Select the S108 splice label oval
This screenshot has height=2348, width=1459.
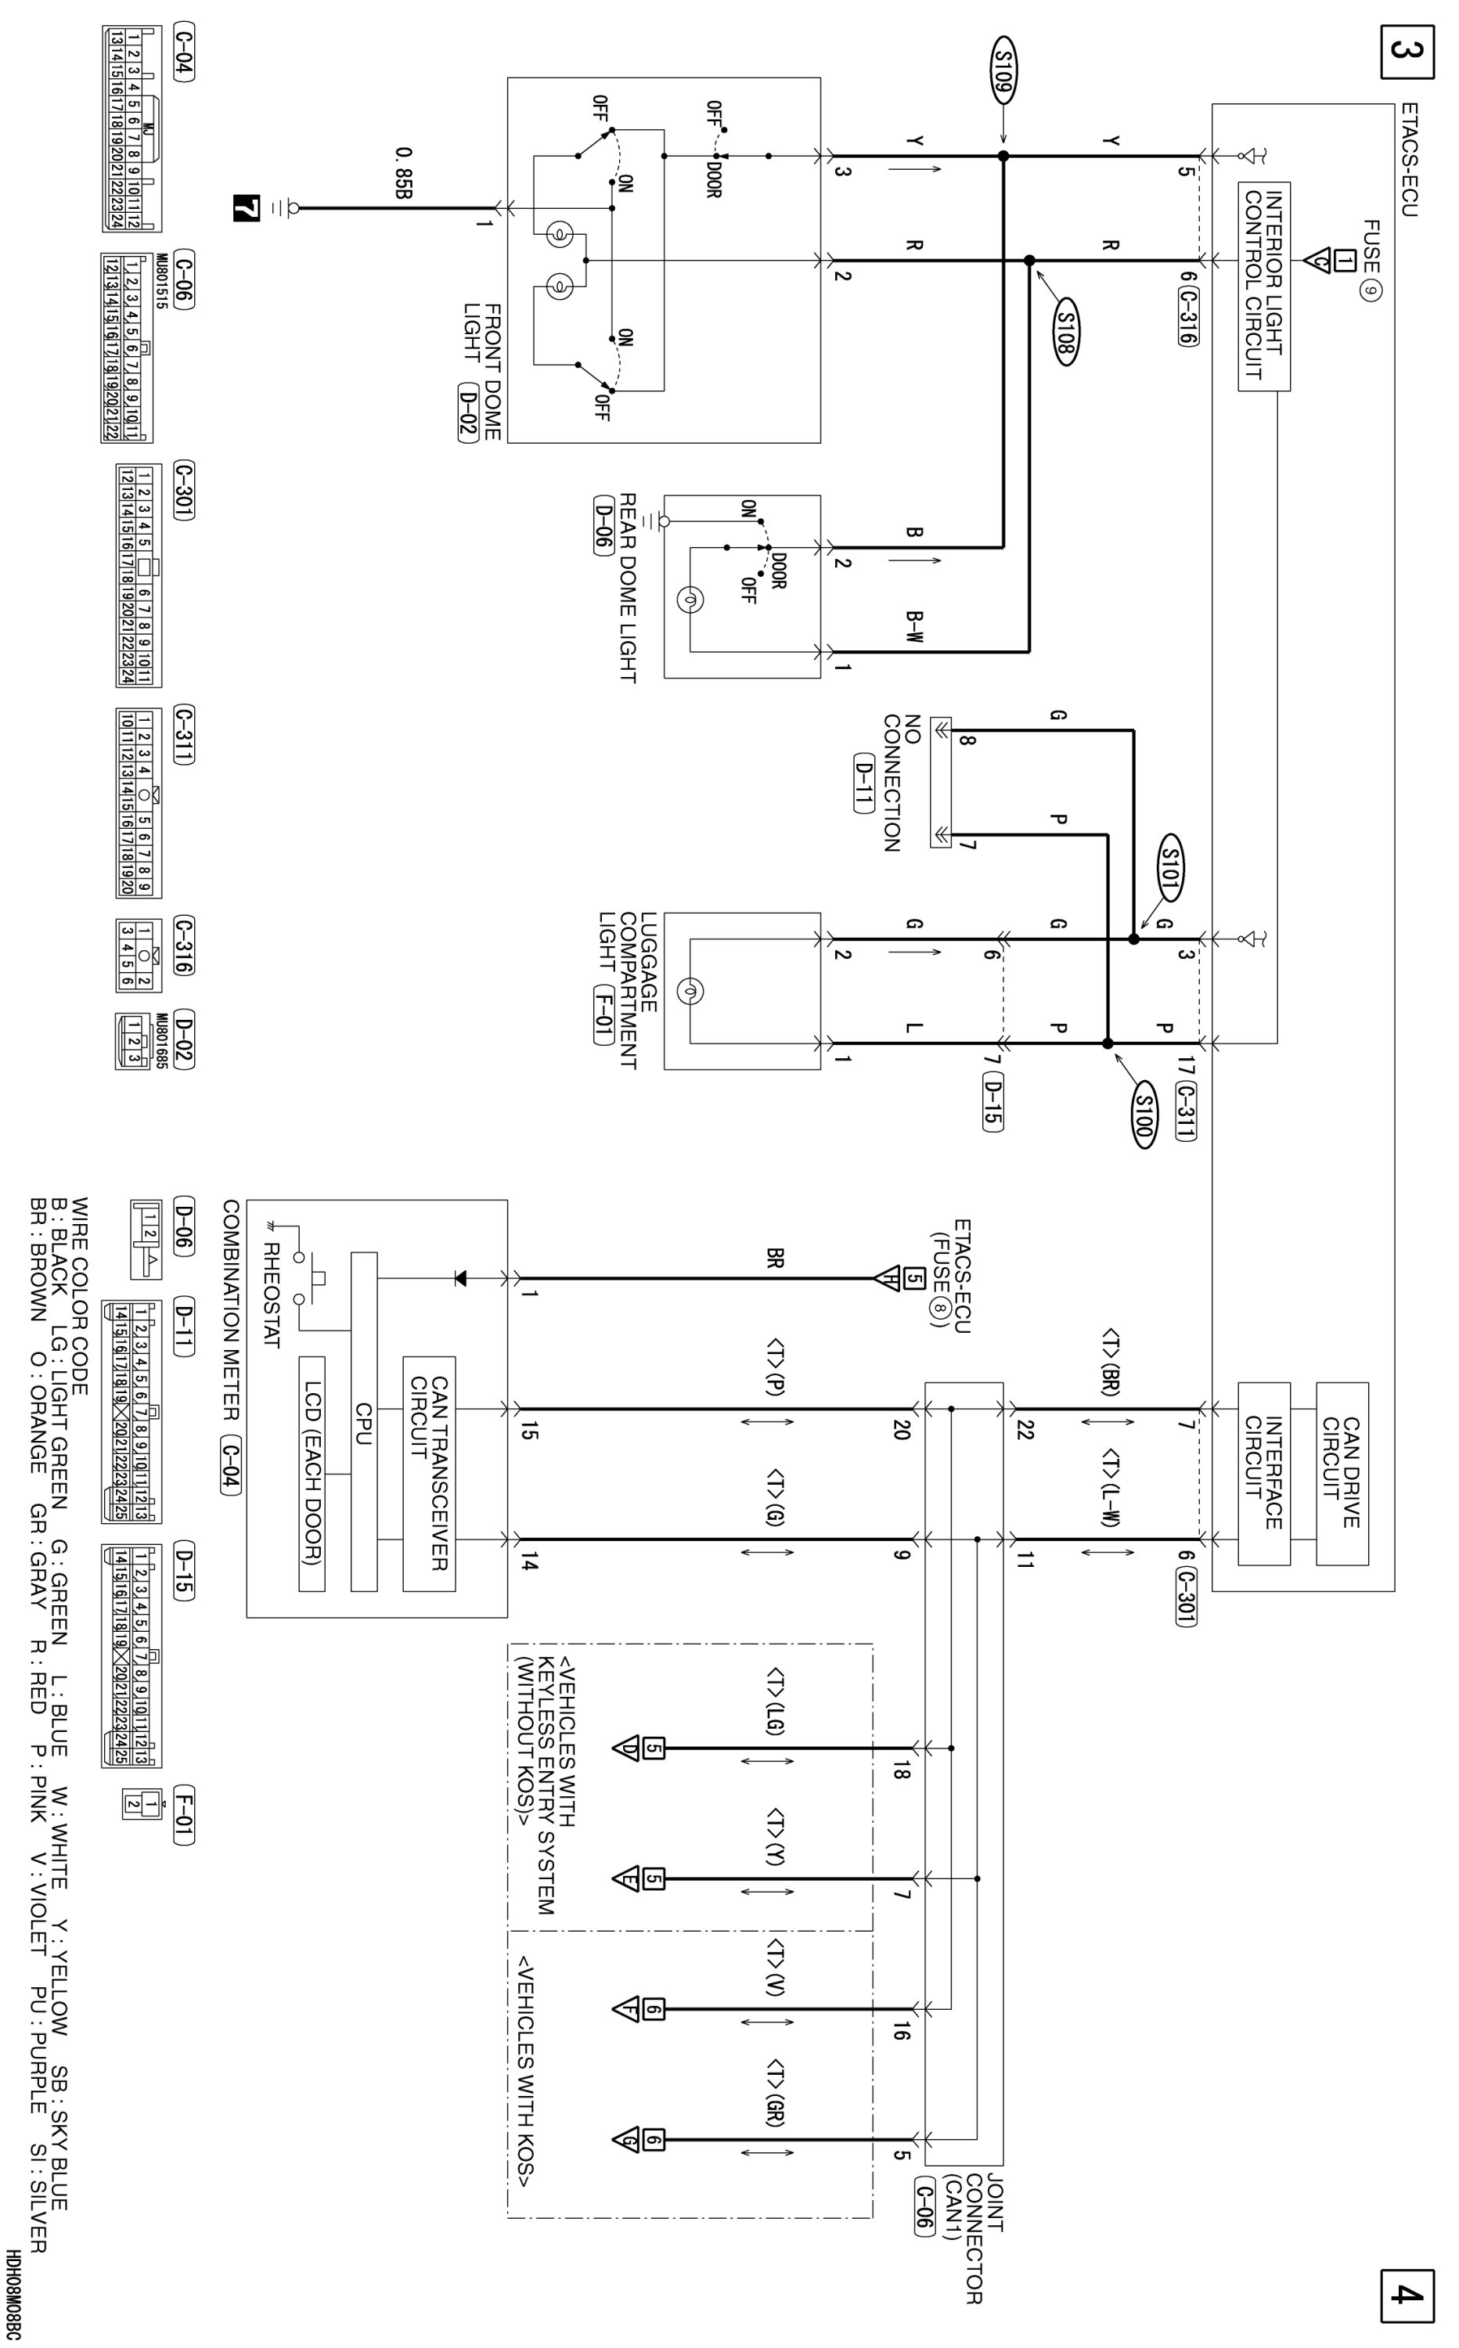[1065, 331]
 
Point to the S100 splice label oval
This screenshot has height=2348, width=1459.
[1144, 1117]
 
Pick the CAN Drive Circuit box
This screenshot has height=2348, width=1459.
[1342, 1472]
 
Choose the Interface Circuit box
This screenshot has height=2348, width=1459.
[1264, 1472]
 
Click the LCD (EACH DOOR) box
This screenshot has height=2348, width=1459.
[312, 1472]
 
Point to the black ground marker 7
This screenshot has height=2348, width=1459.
[248, 207]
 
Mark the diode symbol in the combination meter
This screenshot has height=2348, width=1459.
[459, 1278]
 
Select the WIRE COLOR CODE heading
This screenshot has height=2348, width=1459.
[81, 1295]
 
